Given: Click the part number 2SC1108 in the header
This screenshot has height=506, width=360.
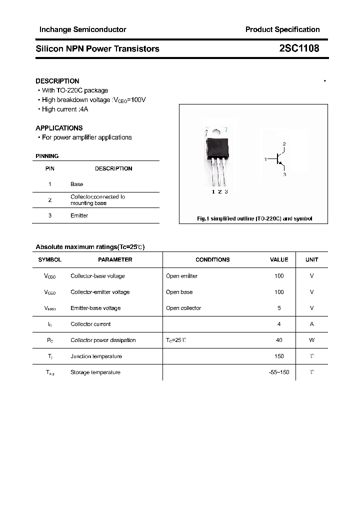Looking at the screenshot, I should tap(299, 48).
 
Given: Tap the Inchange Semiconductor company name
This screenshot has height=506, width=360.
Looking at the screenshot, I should tap(83, 29).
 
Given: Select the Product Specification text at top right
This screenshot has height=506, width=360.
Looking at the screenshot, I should tap(282, 29).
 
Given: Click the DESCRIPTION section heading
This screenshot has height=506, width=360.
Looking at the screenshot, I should tap(57, 81).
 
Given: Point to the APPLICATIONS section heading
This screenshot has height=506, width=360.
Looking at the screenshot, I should tap(59, 128).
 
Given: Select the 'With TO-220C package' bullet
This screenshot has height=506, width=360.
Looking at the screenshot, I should tap(74, 90).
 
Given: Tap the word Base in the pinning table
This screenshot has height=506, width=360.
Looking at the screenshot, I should tap(76, 184).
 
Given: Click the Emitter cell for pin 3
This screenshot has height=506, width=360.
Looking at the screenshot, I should tap(79, 215).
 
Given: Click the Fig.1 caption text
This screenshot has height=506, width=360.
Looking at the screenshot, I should tap(253, 219).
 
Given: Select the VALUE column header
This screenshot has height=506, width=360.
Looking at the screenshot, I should tap(279, 259).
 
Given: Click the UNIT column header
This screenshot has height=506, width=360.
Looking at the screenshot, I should tap(311, 259).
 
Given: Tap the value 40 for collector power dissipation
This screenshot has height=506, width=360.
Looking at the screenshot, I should tap(279, 340).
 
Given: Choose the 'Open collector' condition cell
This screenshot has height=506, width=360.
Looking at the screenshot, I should tap(183, 308).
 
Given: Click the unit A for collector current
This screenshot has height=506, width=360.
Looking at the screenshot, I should tap(311, 324).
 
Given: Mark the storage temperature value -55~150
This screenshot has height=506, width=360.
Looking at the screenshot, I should tap(279, 372).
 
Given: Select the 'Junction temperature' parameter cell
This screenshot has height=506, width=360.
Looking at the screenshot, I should tap(96, 356).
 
